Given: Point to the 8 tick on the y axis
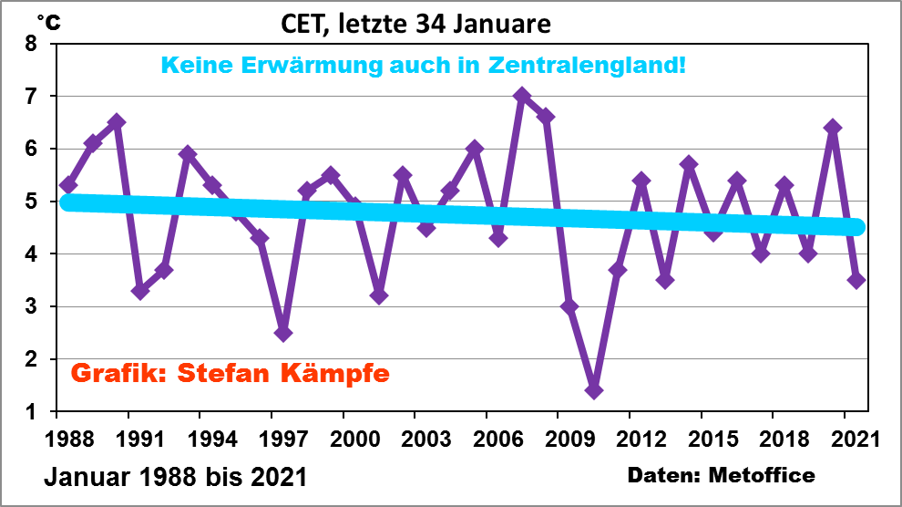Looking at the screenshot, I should tap(31, 44).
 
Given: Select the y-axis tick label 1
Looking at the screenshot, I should tap(31, 412).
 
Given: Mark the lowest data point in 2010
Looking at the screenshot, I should tap(594, 390).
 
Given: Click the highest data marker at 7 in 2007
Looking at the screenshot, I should tap(522, 96).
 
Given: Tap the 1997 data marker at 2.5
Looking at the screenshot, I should tap(283, 333).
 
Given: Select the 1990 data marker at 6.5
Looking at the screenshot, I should tap(117, 122).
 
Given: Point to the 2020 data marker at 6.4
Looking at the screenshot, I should tap(832, 128).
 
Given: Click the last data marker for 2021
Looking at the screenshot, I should tap(856, 280).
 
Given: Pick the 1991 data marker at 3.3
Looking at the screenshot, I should tap(140, 291).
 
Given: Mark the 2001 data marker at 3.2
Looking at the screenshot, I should tap(379, 295).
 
